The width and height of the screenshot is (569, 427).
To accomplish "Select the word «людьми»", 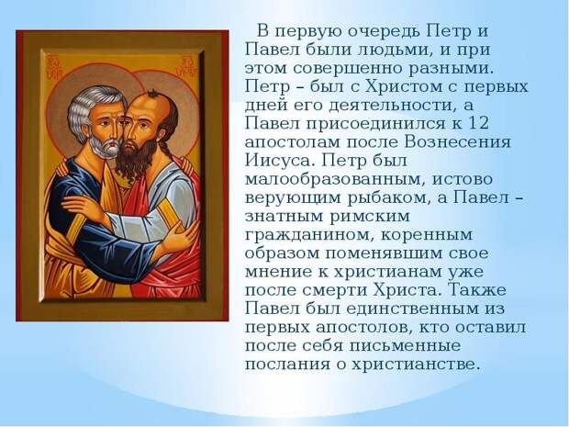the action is (x=394, y=50).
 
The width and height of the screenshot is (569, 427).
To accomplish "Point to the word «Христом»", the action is (x=409, y=87).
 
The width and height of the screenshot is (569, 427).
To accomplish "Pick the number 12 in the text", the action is (x=478, y=123).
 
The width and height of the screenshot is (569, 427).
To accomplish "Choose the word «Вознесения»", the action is (x=457, y=142).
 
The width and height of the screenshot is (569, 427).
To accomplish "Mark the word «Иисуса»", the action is (x=281, y=161).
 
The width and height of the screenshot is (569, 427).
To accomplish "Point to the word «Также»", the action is (x=477, y=290).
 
